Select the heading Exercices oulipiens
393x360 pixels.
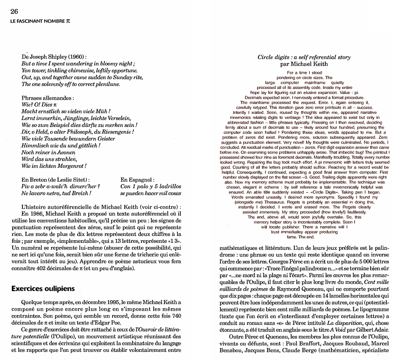(43, 289)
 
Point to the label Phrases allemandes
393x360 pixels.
(47, 98)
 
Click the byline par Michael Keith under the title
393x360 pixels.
(304, 64)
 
